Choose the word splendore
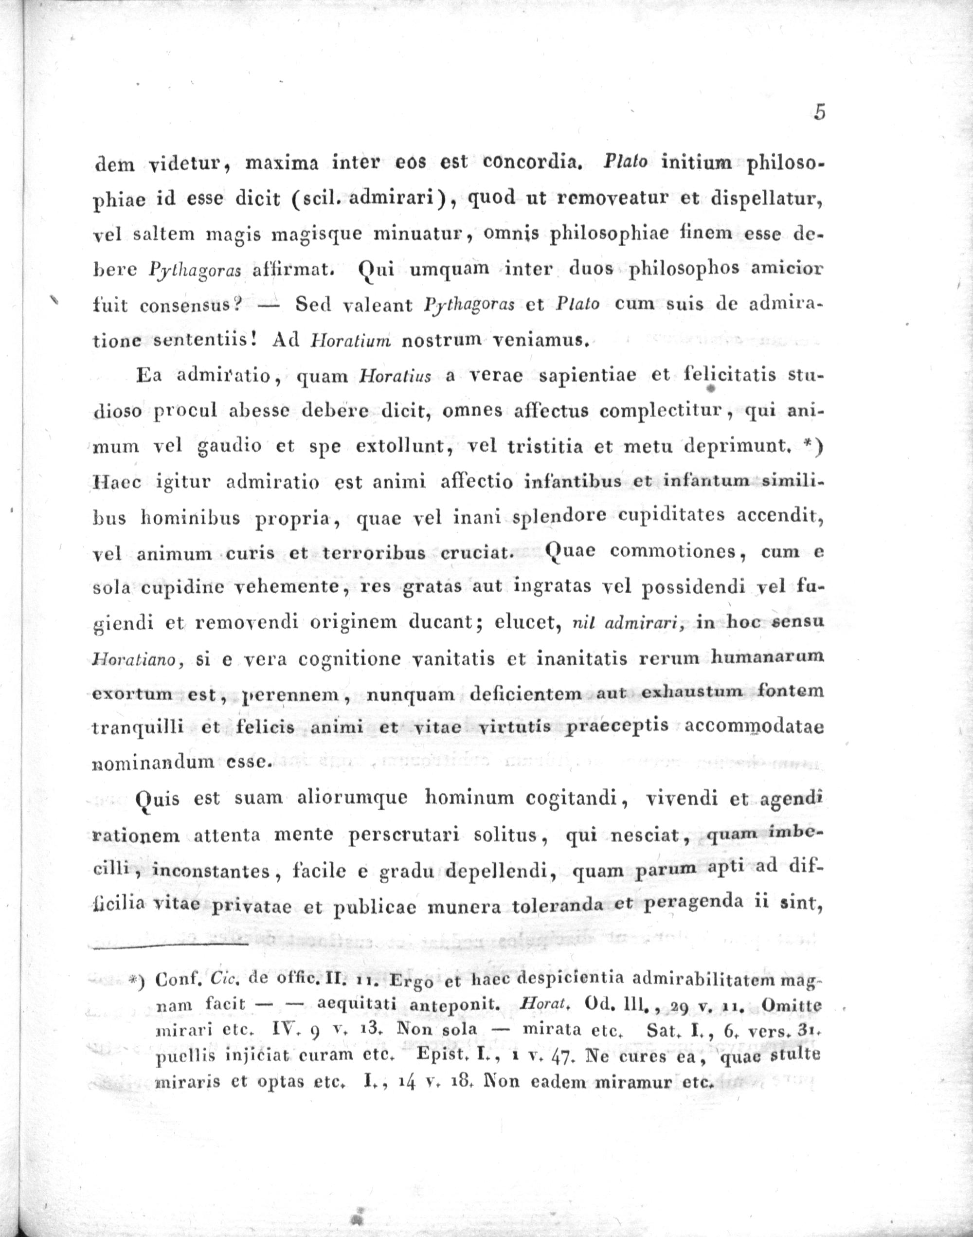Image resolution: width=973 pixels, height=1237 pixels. (x=553, y=517)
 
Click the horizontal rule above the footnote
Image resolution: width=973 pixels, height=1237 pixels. (x=169, y=946)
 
